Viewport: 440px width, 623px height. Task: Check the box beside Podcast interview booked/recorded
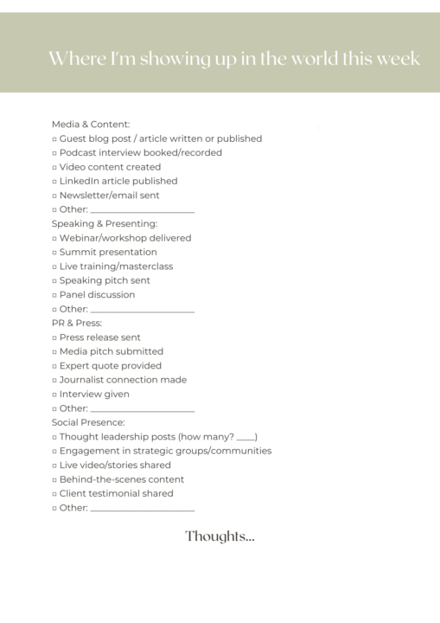54,153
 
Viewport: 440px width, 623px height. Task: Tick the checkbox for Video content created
54,168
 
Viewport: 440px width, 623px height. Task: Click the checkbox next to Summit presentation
54,253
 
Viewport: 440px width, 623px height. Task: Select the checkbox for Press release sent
54,338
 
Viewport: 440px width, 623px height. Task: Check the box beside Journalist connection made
54,381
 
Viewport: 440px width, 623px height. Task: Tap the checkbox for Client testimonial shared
54,494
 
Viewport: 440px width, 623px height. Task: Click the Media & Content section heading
91,125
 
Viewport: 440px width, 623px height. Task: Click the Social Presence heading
88,423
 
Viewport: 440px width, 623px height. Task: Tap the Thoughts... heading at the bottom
220,536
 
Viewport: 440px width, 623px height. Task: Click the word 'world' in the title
315,59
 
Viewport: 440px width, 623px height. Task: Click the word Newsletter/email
99,196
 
